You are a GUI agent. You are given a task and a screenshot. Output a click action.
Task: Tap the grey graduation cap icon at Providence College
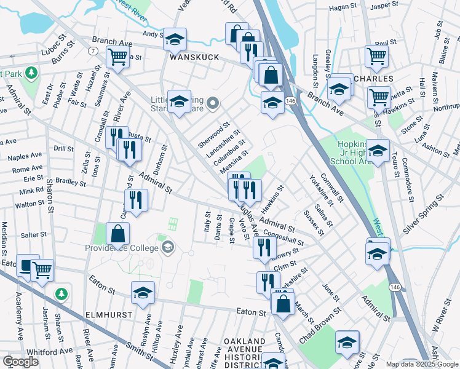point(167,248)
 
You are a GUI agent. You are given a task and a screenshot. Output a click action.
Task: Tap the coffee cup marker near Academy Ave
point(27,264)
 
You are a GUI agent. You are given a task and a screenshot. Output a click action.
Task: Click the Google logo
point(20,362)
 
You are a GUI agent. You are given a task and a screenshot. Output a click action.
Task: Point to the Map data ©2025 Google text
point(421,364)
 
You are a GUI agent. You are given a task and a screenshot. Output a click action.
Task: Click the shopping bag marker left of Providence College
point(117,234)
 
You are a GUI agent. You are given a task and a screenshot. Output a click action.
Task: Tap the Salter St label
point(33,235)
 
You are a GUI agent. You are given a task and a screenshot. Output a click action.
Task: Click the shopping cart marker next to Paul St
point(377,56)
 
